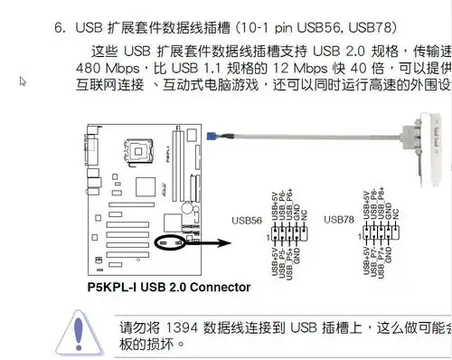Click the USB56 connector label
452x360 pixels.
tap(247, 220)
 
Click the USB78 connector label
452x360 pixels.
tap(340, 220)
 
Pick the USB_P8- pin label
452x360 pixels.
tap(375, 204)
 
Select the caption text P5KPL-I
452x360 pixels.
tap(114, 288)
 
